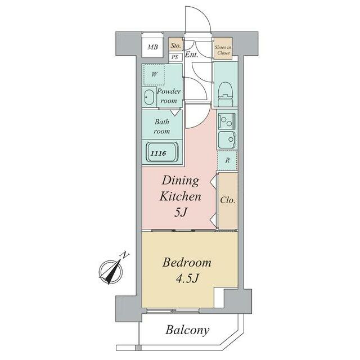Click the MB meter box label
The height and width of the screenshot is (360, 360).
click(152, 47)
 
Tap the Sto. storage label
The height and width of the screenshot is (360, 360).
click(175, 46)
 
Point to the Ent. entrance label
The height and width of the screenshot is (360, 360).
click(191, 55)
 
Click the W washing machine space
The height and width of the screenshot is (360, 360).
click(154, 74)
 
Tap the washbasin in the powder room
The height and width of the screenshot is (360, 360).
click(149, 97)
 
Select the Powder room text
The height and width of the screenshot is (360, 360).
click(169, 96)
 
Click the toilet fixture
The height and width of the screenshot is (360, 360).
click(226, 94)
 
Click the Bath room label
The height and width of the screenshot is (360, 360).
click(162, 126)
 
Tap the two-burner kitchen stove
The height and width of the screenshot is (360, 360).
click(227, 120)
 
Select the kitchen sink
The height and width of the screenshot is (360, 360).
click(227, 139)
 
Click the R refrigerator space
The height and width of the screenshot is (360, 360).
click(227, 160)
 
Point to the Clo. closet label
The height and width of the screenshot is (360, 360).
click(228, 200)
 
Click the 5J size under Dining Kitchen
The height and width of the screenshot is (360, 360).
click(181, 213)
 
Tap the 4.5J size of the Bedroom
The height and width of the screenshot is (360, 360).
click(187, 278)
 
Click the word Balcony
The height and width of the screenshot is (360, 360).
click(187, 330)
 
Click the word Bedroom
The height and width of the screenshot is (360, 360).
click(187, 263)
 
